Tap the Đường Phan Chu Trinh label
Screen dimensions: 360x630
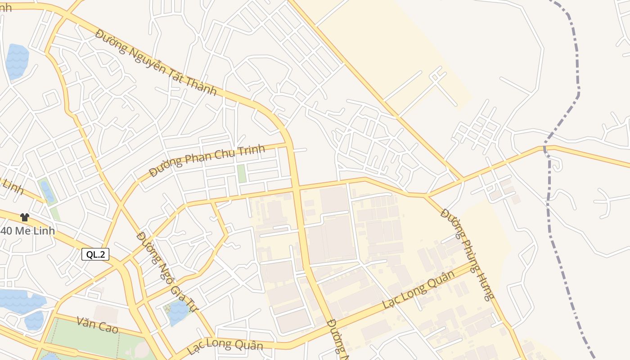click(207, 161)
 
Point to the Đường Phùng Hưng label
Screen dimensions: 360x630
click(468, 254)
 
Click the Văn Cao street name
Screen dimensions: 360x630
click(97, 325)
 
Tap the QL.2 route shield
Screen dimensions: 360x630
click(95, 254)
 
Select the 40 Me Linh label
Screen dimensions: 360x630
click(27, 231)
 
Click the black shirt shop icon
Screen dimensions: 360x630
click(24, 217)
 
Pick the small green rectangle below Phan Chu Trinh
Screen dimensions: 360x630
click(242, 174)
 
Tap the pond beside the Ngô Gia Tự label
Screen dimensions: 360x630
click(178, 312)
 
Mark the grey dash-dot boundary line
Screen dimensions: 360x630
click(548, 202)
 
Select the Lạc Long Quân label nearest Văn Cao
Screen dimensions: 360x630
click(225, 346)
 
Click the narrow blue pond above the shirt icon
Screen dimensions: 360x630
click(46, 191)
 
